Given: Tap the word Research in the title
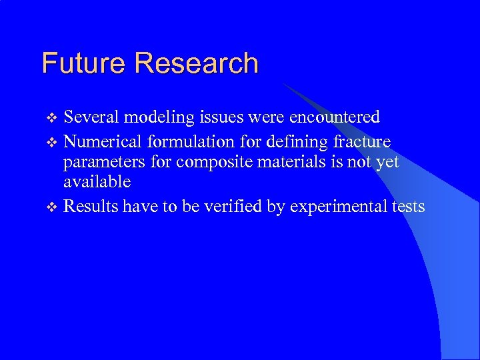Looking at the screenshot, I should pyautogui.click(x=196, y=63).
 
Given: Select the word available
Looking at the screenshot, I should pyautogui.click(x=97, y=182).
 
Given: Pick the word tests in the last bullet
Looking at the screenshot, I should pyautogui.click(x=408, y=207).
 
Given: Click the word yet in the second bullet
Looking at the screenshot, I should pyautogui.click(x=387, y=162).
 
